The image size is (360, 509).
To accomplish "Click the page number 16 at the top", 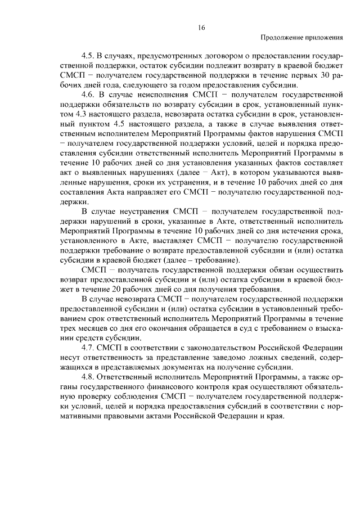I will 202,27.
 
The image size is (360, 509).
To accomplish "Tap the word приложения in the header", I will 323,38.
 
